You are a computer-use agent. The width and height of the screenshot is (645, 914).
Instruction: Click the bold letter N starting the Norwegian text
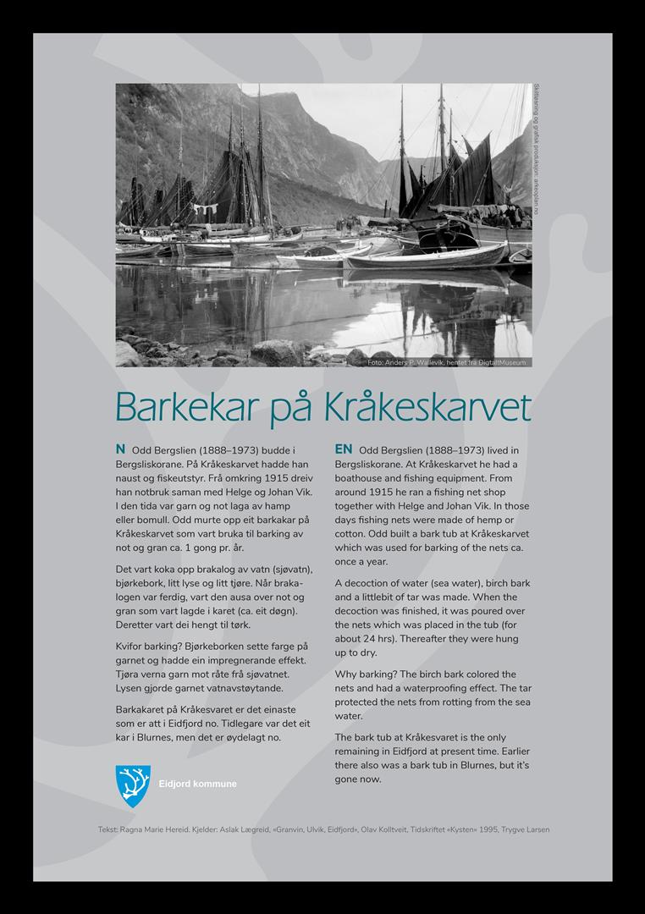coord(120,449)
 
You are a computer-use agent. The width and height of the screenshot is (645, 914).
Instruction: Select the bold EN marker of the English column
coord(344,449)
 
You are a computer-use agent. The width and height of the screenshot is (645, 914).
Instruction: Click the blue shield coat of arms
coord(133,785)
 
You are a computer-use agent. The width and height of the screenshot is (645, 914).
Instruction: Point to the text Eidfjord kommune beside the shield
coord(198,785)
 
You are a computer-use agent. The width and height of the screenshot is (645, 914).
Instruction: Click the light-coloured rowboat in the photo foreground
coord(423,256)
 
